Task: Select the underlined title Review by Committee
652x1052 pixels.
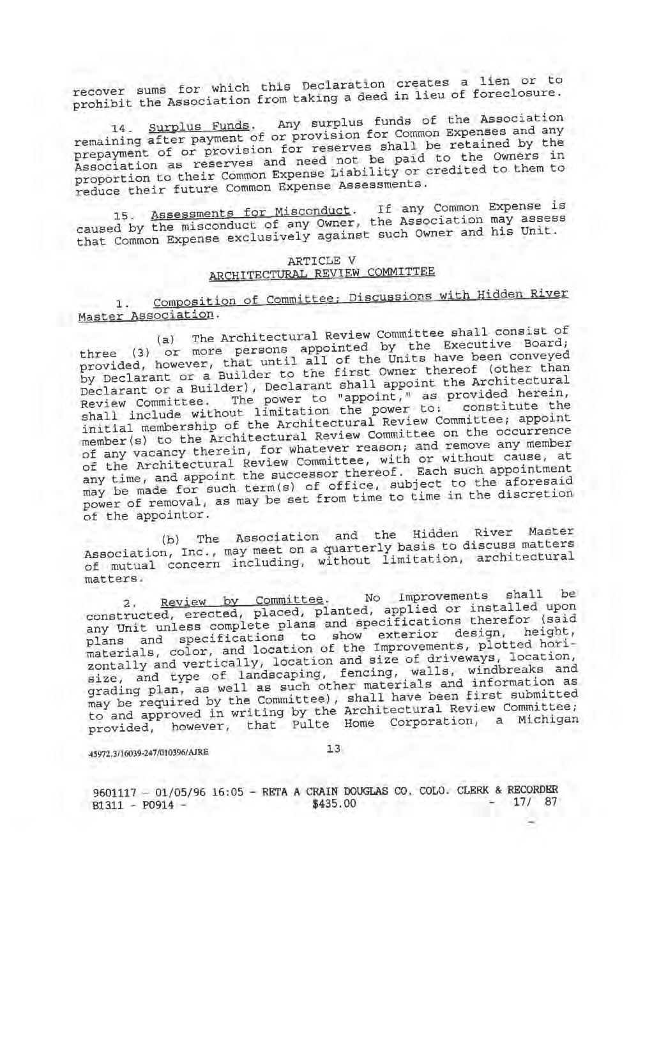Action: tap(242, 601)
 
